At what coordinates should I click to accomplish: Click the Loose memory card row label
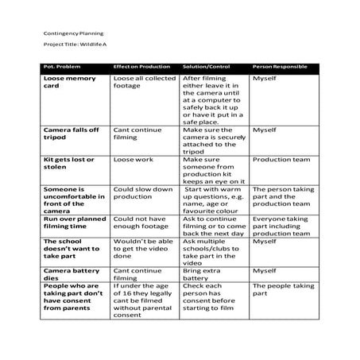[x=70, y=83]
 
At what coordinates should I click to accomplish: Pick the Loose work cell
[x=131, y=160]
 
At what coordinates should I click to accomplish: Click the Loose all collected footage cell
[x=144, y=83]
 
